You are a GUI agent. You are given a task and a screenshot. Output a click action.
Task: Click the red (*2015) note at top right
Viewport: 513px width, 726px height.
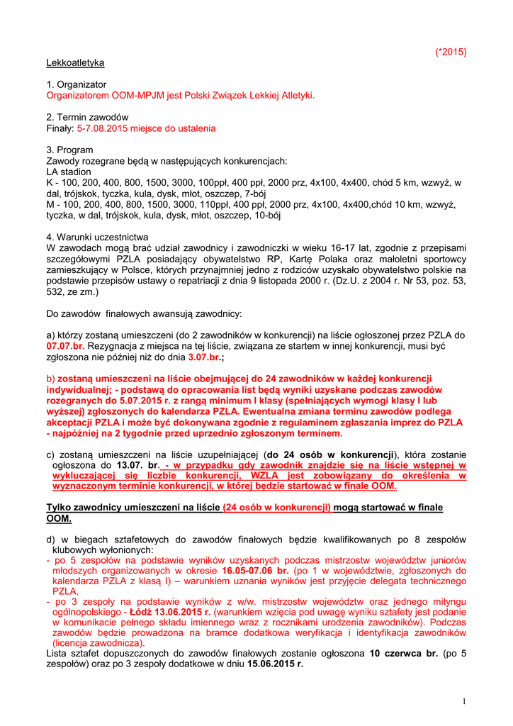point(451,52)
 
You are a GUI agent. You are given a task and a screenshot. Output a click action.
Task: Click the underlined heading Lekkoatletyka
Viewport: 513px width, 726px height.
point(75,62)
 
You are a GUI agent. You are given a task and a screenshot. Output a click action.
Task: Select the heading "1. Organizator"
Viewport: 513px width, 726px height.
point(77,84)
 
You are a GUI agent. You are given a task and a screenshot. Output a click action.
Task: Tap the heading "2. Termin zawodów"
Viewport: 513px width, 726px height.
point(87,117)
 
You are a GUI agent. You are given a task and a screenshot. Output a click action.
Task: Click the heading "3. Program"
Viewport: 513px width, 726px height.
point(69,150)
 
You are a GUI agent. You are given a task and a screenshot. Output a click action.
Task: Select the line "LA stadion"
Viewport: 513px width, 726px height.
point(69,172)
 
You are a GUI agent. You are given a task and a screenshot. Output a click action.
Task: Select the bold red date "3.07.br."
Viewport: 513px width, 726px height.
point(204,357)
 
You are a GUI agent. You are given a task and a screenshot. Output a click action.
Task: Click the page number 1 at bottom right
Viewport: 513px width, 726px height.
point(463,701)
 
